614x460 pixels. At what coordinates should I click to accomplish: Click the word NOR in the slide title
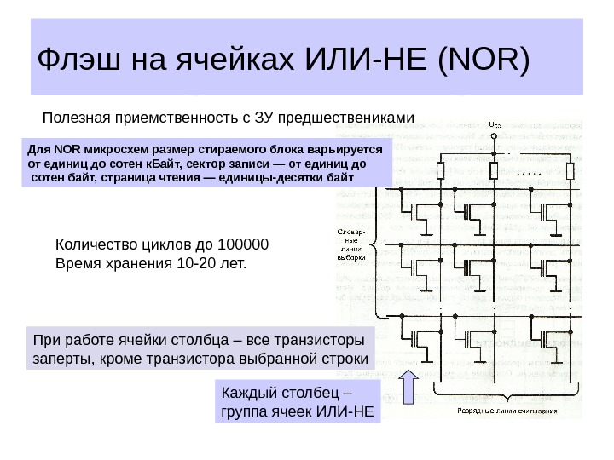coord(480,60)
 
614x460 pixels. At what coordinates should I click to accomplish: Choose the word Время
coord(75,262)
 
